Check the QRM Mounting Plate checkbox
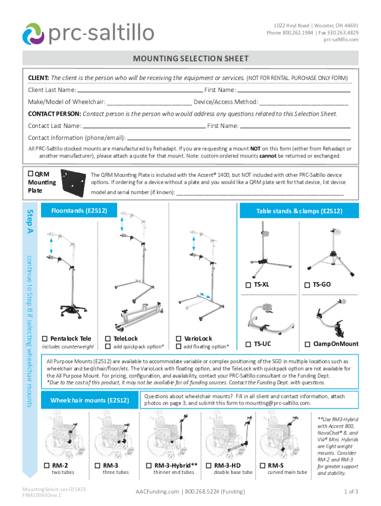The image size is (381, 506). pos(30,174)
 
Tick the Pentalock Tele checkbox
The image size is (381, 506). pos(45,338)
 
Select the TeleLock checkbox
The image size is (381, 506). pos(108,338)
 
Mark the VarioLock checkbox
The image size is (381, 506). pos(179,338)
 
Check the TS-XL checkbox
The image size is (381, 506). pos(248,285)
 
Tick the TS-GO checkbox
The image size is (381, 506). pos(307,285)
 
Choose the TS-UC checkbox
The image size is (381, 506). pos(248,343)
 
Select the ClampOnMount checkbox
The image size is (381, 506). pos(307,343)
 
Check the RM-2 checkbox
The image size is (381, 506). pos(46,465)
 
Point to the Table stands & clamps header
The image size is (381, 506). pos(299,211)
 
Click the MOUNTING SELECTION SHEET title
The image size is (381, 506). pos(190,59)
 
